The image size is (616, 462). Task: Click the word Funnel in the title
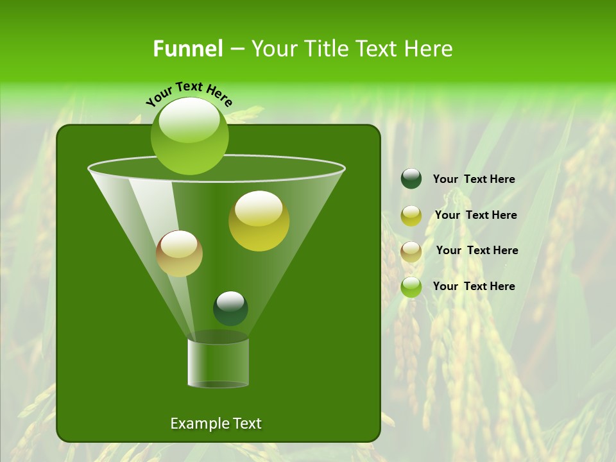[187, 49]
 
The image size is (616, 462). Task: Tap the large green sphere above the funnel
[189, 135]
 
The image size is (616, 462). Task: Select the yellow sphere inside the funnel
[259, 221]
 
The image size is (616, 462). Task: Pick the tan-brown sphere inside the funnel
[179, 253]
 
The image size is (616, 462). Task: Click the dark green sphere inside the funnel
[230, 308]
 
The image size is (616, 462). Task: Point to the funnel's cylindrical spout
[218, 363]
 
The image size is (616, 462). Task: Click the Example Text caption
[216, 424]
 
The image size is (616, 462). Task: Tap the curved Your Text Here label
[189, 93]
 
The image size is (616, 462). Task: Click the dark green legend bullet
[411, 179]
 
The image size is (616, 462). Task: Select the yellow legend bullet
[411, 216]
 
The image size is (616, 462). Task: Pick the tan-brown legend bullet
[411, 252]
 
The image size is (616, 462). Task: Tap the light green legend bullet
[411, 287]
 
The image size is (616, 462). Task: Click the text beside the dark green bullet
[474, 179]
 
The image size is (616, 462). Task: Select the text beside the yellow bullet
[475, 215]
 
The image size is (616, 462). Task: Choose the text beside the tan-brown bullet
[477, 250]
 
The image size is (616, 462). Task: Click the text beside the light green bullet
[474, 286]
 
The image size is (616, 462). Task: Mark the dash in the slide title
[236, 49]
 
